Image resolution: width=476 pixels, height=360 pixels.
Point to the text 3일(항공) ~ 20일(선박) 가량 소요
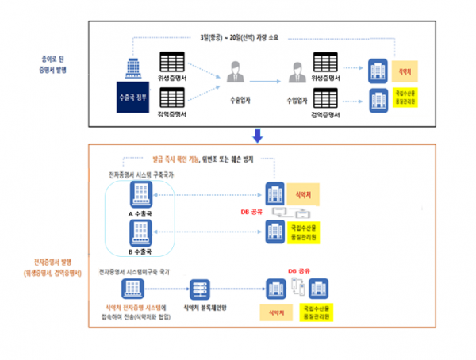click(x=244, y=36)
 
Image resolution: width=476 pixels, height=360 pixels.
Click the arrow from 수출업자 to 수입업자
click(x=267, y=79)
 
